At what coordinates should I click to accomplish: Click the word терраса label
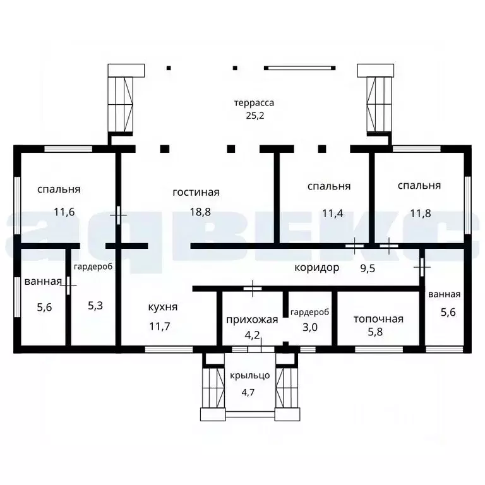click(x=254, y=103)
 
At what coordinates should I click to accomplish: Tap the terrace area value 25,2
click(x=255, y=116)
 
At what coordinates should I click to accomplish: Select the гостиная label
click(x=196, y=193)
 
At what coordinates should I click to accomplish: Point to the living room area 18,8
click(x=200, y=212)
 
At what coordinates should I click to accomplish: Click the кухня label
click(x=163, y=307)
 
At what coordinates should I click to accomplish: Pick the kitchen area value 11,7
click(x=160, y=326)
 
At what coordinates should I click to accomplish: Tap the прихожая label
click(x=252, y=320)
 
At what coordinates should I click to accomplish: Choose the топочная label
click(x=378, y=319)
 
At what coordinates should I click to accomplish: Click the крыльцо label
click(x=250, y=376)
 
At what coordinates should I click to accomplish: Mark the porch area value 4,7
click(x=248, y=393)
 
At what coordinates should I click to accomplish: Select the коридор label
click(x=317, y=268)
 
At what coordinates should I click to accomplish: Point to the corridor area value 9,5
click(x=368, y=268)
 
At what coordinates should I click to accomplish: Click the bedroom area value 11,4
click(x=333, y=213)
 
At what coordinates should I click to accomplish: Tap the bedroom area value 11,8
click(x=421, y=213)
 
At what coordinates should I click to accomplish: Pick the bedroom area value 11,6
click(x=64, y=212)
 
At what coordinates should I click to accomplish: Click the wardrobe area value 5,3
click(x=95, y=306)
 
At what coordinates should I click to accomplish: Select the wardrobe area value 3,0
click(x=309, y=327)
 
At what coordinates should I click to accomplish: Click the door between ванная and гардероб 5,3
click(x=68, y=285)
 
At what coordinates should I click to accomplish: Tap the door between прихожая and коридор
click(x=253, y=289)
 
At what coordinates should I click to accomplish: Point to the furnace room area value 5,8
click(x=375, y=332)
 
